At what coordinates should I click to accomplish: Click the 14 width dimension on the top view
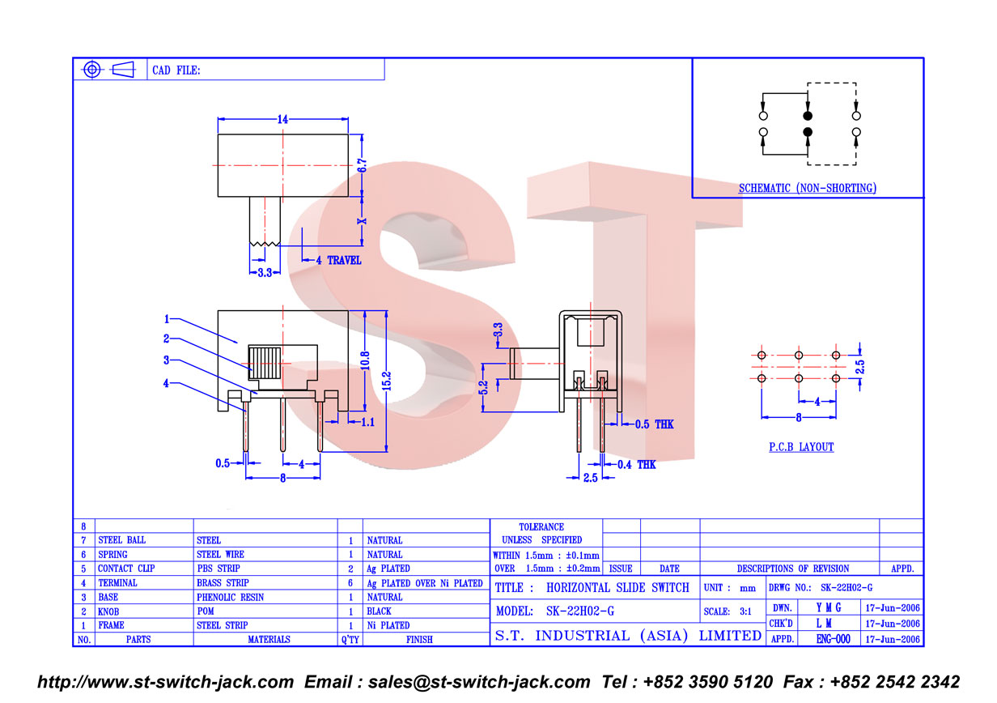[282, 119]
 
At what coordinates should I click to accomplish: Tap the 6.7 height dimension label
[363, 165]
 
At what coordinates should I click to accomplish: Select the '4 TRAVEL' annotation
[339, 261]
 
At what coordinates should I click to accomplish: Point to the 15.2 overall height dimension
[386, 381]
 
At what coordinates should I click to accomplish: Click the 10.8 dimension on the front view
[365, 360]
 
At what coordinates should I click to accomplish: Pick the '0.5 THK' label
[654, 424]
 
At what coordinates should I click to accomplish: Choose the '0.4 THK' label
[636, 465]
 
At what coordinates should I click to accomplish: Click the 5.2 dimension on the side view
[483, 388]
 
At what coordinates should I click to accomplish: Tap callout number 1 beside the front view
[167, 319]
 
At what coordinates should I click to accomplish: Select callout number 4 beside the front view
[167, 383]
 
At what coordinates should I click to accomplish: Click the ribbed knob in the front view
[265, 363]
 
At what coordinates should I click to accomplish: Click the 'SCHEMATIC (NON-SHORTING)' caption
[808, 188]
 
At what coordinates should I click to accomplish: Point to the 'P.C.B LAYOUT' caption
[801, 447]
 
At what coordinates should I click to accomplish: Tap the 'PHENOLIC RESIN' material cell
[230, 598]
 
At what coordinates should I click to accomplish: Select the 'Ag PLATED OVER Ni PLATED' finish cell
[425, 583]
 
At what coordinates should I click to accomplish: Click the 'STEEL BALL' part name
[122, 540]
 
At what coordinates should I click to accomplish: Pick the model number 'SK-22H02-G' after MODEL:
[580, 611]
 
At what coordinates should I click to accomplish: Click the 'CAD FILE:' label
[176, 70]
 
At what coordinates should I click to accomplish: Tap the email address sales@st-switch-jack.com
[479, 682]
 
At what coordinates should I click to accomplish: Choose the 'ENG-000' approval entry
[834, 639]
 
